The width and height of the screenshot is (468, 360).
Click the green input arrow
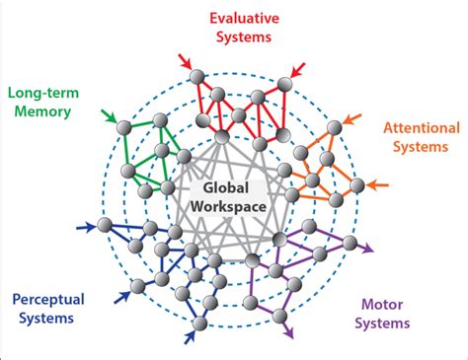coord(109,118)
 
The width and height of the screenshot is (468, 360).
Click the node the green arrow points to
coord(124,128)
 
